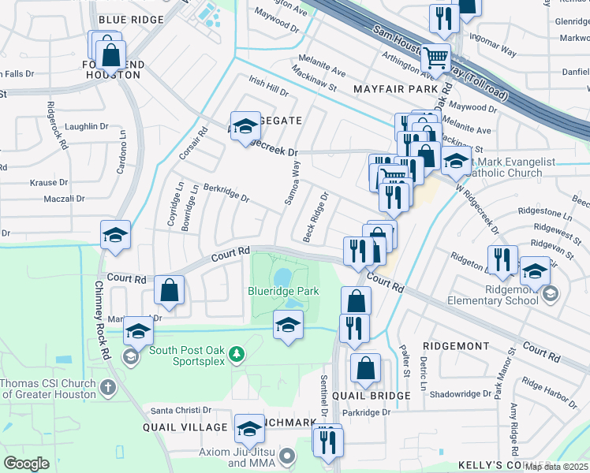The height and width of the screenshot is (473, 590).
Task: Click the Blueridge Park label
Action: pyautogui.click(x=283, y=291)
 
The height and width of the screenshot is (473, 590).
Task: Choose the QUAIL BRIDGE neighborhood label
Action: pyautogui.click(x=371, y=395)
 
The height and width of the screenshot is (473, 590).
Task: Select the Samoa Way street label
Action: pyautogui.click(x=292, y=183)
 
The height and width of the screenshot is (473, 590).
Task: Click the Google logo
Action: pyautogui.click(x=26, y=463)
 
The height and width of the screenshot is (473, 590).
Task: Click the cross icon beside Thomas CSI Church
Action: pyautogui.click(x=108, y=388)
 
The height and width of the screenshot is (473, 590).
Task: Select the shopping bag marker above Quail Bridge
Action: pyautogui.click(x=365, y=367)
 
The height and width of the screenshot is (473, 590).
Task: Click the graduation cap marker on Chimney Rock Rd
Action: pyautogui.click(x=115, y=236)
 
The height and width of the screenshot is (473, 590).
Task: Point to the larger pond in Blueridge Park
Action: pyautogui.click(x=282, y=277)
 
